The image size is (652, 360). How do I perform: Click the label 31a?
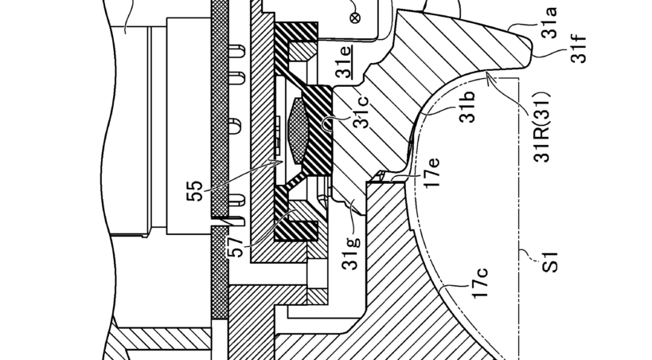pyautogui.click(x=550, y=23)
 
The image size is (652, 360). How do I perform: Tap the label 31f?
pyautogui.click(x=579, y=49)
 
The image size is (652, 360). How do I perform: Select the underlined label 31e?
pyautogui.click(x=344, y=61)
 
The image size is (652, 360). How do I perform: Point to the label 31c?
pyautogui.click(x=361, y=112)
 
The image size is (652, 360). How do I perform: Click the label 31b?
pyautogui.click(x=467, y=107)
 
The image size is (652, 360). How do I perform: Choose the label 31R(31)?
pyautogui.click(x=542, y=127)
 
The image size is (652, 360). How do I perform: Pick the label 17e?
pyautogui.click(x=431, y=173)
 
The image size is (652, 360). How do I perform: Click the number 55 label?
pyautogui.click(x=194, y=191)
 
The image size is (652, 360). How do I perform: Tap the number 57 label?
pyautogui.click(x=236, y=247)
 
